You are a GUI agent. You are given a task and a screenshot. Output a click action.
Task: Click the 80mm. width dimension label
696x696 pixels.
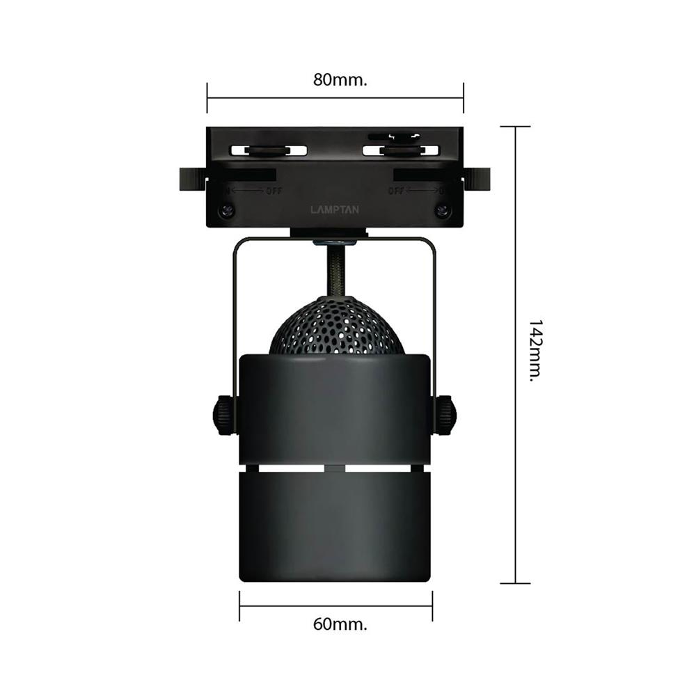340,79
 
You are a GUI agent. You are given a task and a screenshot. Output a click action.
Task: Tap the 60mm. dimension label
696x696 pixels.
340,624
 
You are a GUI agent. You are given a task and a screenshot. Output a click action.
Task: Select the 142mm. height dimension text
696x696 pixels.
535,351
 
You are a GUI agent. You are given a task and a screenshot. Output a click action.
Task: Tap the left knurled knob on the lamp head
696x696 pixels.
223,415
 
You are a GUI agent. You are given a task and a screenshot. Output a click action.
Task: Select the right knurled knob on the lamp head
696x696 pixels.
445,415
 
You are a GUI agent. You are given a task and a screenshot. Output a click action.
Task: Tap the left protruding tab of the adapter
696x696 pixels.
191,179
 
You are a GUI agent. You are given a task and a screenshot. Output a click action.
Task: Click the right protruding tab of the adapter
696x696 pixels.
480,179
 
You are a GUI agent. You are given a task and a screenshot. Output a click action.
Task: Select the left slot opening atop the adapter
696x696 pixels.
268,150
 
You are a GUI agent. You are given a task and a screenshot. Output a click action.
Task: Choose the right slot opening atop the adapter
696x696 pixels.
402,150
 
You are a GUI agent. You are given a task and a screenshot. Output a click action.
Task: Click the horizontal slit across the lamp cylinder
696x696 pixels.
335,468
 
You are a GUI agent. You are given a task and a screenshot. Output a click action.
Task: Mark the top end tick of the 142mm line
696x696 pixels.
516,127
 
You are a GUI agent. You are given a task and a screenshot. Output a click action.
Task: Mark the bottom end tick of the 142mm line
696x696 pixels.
516,583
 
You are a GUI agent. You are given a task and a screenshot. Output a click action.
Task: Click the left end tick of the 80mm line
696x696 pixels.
207,98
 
